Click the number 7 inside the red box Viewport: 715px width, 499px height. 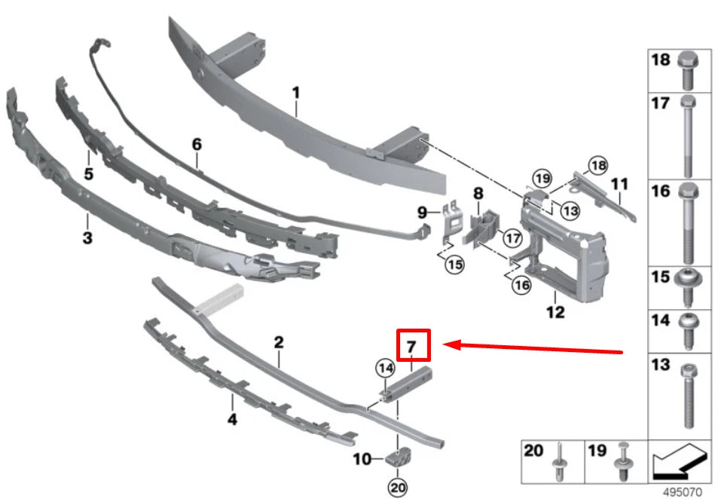(411, 347)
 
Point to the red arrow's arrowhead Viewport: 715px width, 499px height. (452, 344)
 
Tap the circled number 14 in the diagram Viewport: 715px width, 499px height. (386, 368)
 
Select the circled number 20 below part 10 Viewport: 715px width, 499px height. (398, 487)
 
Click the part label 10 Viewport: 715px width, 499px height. (362, 459)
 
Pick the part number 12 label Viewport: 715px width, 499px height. (555, 312)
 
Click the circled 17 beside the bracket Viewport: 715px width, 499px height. (513, 238)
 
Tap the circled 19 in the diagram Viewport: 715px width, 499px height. (542, 178)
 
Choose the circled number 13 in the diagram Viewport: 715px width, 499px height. (570, 211)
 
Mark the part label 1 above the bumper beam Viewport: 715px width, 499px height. (296, 93)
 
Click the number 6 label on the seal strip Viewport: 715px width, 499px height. (197, 145)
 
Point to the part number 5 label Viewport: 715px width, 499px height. (88, 174)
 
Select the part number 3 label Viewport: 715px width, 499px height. (87, 237)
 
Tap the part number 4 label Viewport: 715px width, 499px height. (232, 418)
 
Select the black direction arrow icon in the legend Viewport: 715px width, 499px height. (680, 461)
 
